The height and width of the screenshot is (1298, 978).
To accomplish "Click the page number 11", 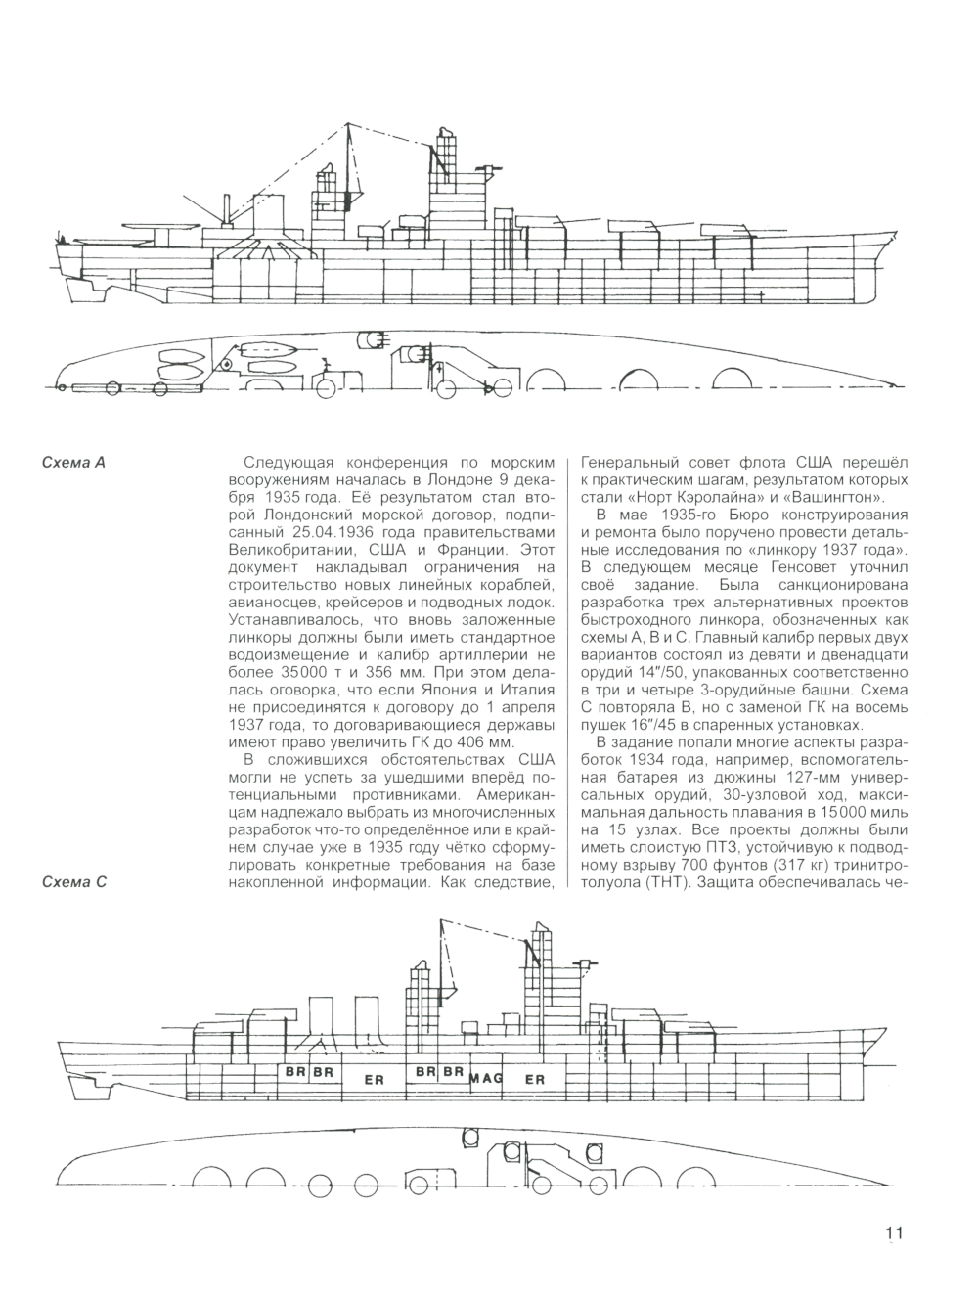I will click(x=894, y=1232).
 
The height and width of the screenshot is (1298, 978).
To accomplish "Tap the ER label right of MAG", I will click(x=535, y=1080).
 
